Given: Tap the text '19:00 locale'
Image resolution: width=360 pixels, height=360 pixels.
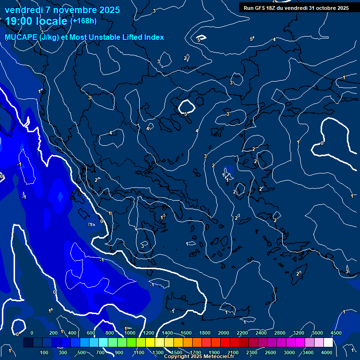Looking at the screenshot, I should (x=37, y=22).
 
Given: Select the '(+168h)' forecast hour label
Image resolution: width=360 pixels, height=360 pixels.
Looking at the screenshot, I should (x=83, y=21).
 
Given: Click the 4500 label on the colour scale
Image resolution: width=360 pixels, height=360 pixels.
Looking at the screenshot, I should (x=336, y=333).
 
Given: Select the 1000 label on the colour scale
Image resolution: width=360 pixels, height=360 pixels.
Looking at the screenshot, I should (x=130, y=333).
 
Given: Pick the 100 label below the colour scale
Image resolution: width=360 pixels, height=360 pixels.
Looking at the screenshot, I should (x=44, y=352).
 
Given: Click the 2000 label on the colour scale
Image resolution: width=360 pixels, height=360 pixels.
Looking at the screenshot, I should (x=224, y=333).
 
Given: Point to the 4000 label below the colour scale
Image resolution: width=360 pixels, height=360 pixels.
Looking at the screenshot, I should (x=327, y=352).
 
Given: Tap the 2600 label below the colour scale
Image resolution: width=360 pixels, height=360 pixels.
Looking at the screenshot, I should (x=270, y=352).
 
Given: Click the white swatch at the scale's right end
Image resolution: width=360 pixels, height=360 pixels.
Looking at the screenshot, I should (x=342, y=343).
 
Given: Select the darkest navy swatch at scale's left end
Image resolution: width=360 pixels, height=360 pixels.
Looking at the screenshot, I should (x=28, y=343).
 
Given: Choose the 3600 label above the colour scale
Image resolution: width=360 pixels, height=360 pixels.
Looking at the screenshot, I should (x=317, y=333).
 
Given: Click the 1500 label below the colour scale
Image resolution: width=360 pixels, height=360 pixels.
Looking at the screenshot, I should (x=177, y=352).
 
